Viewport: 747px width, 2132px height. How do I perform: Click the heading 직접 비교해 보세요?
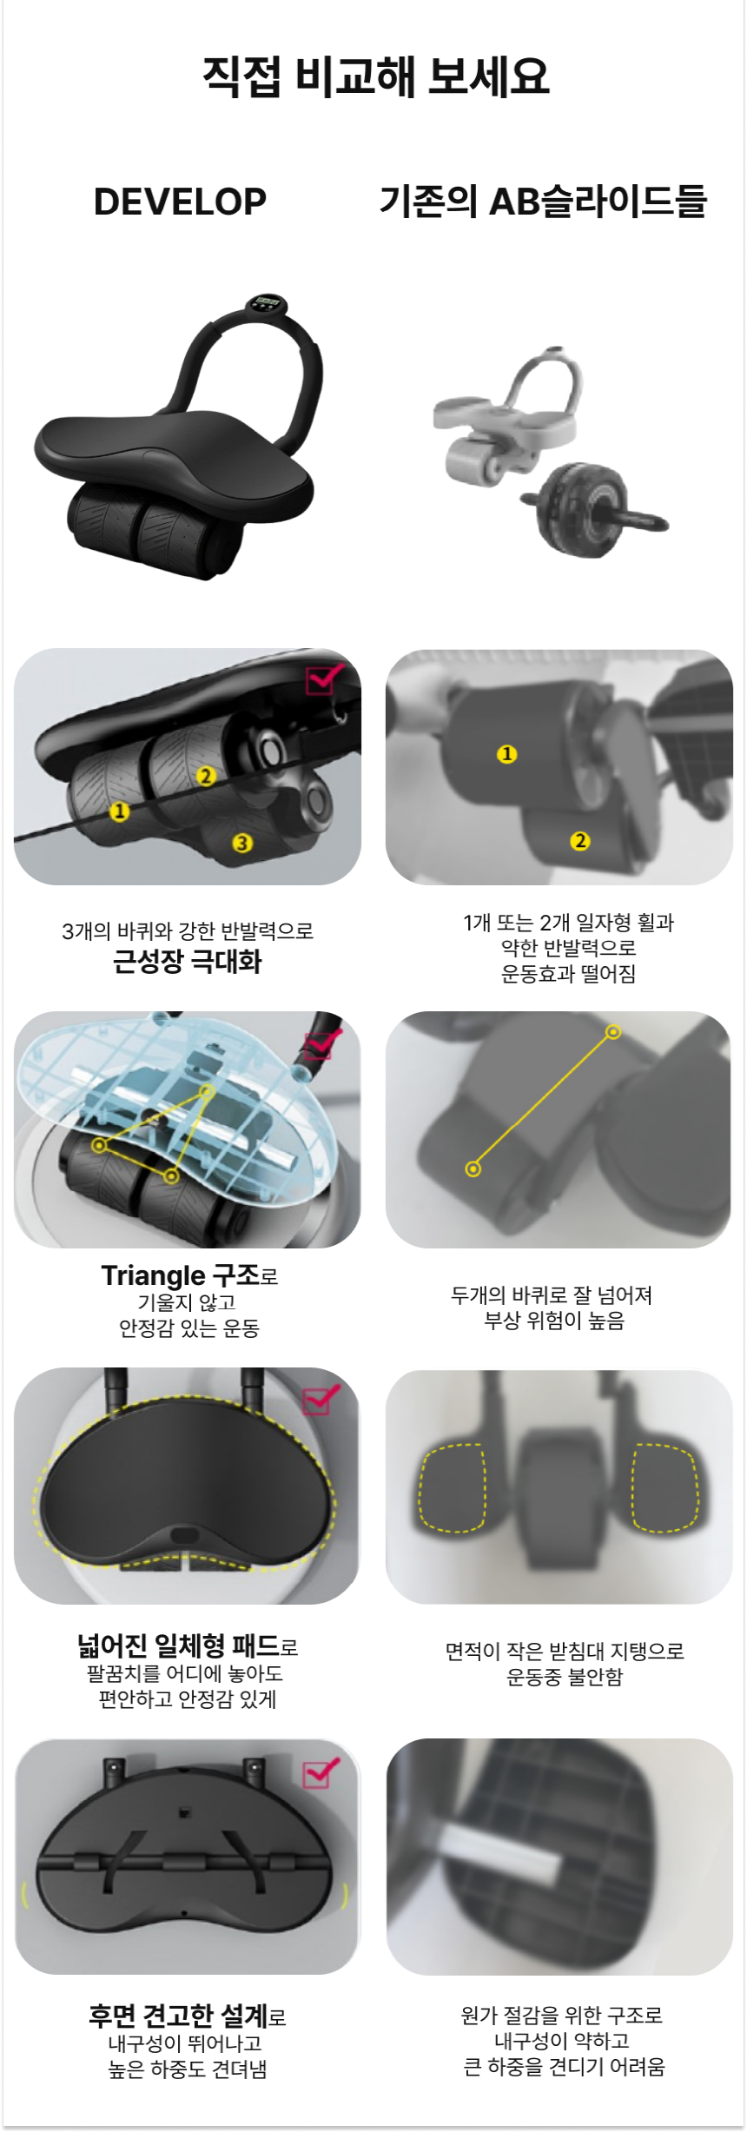click(375, 76)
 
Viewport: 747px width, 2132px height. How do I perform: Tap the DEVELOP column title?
click(180, 202)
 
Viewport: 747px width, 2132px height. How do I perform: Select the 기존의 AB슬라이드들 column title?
click(543, 201)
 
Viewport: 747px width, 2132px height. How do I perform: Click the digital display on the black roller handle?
click(267, 303)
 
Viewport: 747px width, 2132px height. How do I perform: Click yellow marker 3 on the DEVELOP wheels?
click(242, 843)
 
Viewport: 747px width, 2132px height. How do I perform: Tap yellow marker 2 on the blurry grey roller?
click(579, 840)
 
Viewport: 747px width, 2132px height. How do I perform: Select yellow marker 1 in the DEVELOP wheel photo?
click(120, 811)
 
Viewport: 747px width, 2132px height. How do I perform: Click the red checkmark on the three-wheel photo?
click(323, 678)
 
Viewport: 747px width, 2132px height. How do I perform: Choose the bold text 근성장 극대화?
click(187, 962)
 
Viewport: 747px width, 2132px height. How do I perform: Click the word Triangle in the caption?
click(153, 1275)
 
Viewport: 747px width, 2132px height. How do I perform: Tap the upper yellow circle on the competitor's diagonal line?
click(613, 1032)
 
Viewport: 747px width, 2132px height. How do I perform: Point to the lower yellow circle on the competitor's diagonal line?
click(473, 1169)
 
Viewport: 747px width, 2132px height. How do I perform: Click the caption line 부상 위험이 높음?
click(554, 1321)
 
